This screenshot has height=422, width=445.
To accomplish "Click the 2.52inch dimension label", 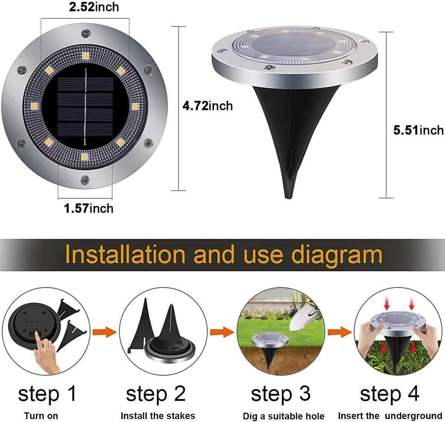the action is coord(94,7).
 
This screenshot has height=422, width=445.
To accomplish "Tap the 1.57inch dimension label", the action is coord(89,208).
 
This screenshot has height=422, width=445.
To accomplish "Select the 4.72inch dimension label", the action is coord(208,106).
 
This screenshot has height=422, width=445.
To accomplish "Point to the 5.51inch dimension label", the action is coord(418,130).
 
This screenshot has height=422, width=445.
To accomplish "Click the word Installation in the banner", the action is coord(125,255).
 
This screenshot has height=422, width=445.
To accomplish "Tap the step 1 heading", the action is coord(47,394).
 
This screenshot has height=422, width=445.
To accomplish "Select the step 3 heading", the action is coord(281,394).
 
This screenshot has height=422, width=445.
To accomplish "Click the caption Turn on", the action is coord(41,416).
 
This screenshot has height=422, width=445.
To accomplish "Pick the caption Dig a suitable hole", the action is coord(283,416).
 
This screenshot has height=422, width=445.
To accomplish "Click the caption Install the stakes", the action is coord(158,416).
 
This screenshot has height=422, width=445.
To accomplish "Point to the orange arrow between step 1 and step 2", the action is coord(105,332).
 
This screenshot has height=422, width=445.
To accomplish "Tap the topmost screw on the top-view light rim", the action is coord(85,33).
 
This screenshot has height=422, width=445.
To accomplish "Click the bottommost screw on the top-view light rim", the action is coord(85,179).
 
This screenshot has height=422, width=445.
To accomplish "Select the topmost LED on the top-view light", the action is coord(85,56).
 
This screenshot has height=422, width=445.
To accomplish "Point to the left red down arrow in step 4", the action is coord(386,305).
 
